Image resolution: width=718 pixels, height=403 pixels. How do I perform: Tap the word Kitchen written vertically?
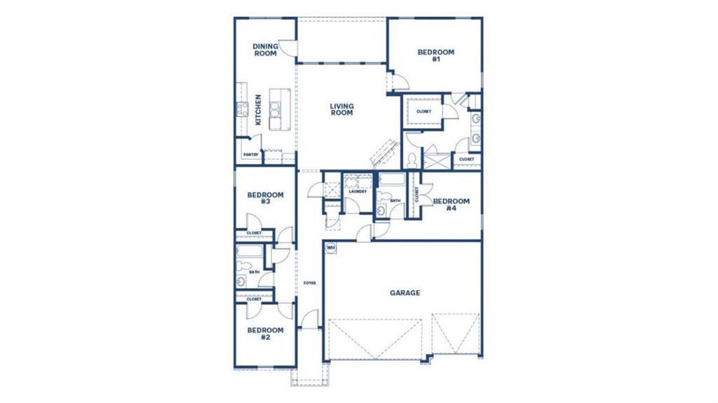tap(258, 110)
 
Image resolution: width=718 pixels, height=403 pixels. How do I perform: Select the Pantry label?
tap(250, 155)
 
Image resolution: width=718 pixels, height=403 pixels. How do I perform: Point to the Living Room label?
tap(341, 109)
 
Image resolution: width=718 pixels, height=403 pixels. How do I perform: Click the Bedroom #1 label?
tap(435, 55)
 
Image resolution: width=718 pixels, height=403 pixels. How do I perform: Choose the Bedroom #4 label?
tap(451, 205)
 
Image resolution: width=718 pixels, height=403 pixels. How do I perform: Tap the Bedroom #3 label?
tap(265, 198)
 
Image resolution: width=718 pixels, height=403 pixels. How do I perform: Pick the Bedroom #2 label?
tap(265, 334)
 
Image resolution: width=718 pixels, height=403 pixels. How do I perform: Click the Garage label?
tap(405, 293)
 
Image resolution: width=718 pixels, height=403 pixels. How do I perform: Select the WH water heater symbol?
tap(330, 247)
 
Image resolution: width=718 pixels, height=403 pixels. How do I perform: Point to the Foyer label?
tap(309, 283)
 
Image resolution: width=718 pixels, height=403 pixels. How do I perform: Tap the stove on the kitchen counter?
tap(242, 109)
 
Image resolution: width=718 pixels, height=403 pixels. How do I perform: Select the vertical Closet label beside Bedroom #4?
tap(417, 194)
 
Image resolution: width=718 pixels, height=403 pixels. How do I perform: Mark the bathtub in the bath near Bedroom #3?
tap(250, 252)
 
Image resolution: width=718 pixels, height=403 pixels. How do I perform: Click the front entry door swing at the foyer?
tap(310, 319)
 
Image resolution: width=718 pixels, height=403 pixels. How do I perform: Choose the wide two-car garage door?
tap(375, 339)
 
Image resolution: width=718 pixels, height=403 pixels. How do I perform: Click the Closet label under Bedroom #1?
tap(424, 111)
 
